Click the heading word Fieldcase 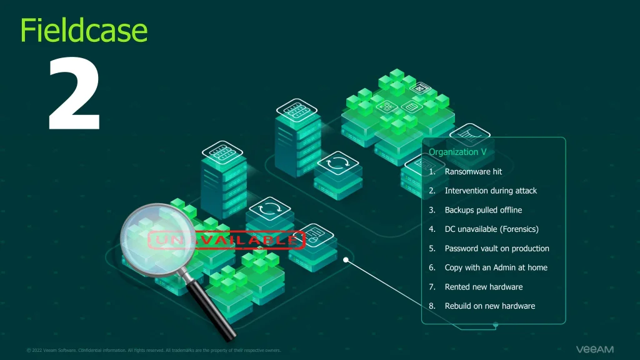point(84,29)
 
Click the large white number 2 point(74,94)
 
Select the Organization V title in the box point(457,152)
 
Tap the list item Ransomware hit point(473,171)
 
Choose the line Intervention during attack point(491,191)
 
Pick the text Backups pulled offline point(483,210)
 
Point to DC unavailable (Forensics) point(491,229)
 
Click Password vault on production point(497,249)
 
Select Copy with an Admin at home point(496,267)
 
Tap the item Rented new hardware point(483,287)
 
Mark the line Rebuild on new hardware point(489,306)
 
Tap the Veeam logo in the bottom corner point(594,349)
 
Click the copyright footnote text point(154,350)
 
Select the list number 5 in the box point(432,249)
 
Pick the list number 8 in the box point(432,306)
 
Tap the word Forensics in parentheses point(518,229)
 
